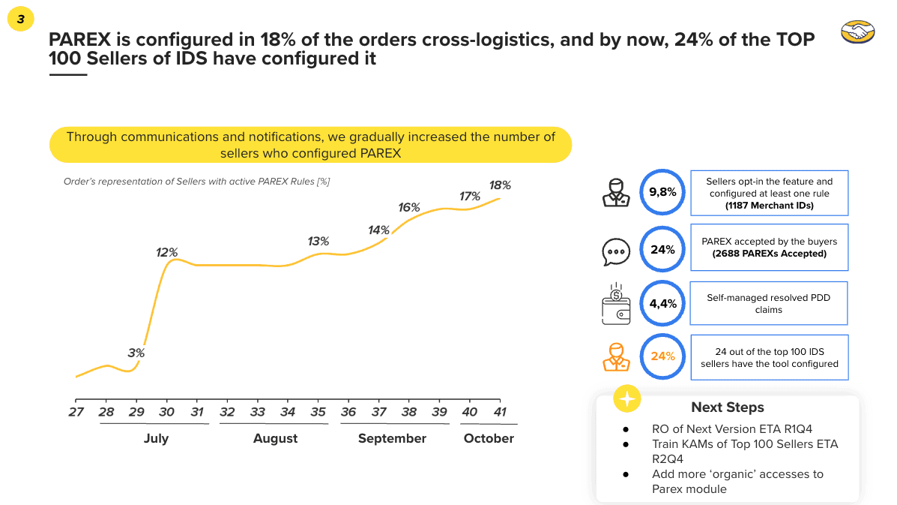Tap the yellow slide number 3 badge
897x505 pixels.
coord(20,20)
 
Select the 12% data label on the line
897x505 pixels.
coord(166,252)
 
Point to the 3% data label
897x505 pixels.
coord(136,353)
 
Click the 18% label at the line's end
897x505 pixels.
coord(500,185)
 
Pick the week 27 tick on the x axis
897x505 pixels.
coord(76,412)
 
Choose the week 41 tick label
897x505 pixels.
coord(500,412)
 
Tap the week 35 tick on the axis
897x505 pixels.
coord(318,412)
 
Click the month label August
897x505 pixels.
coord(275,438)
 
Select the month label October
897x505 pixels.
coord(489,438)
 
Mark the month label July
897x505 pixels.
coord(156,438)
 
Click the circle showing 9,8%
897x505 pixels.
coord(663,192)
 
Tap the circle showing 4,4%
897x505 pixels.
coord(663,303)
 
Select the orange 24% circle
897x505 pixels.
coord(663,356)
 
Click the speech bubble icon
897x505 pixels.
coord(617,251)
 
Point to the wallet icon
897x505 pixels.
coord(617,304)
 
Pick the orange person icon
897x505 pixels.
coord(617,356)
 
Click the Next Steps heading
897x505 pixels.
coord(727,407)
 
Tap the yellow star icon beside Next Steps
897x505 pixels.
coord(627,400)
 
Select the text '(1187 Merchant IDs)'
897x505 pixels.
coord(769,205)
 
